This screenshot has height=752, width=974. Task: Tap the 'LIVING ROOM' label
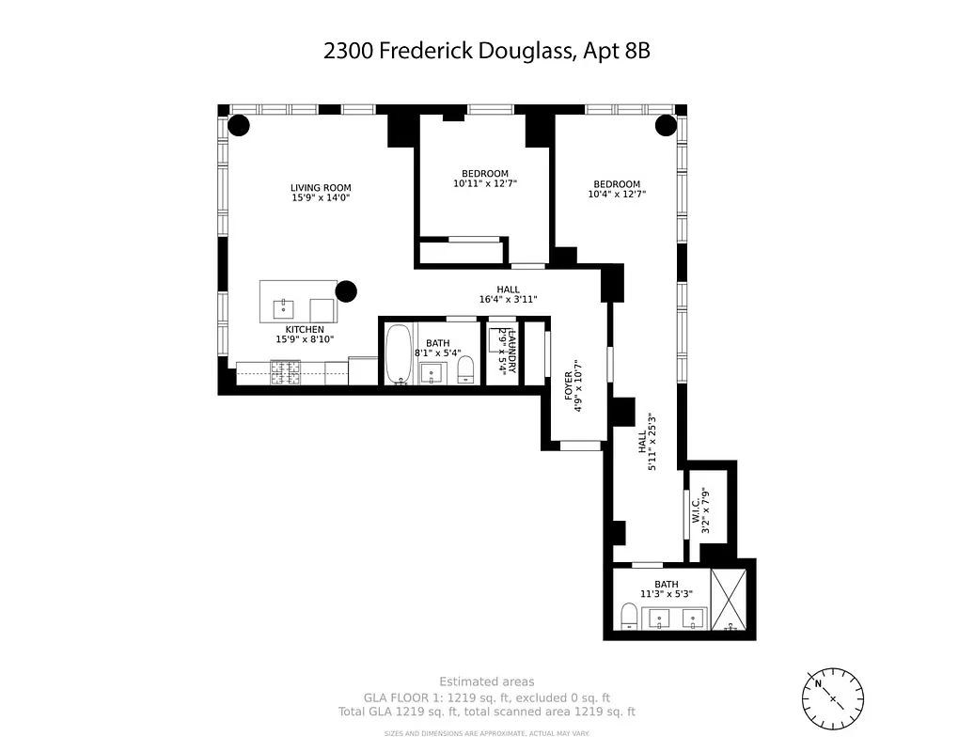[x=321, y=188]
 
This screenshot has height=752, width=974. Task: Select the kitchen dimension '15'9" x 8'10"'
[x=305, y=340]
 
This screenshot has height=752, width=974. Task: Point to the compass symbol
[x=832, y=698]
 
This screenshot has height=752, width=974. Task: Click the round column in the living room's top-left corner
[x=239, y=125]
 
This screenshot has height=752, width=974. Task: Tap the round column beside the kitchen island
[x=346, y=292]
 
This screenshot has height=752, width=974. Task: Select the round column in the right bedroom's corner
[x=666, y=125]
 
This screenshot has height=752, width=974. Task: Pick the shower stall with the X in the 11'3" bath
[x=730, y=600]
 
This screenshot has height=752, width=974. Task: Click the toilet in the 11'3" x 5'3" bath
[x=629, y=617]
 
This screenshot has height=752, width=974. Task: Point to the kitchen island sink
[x=282, y=306]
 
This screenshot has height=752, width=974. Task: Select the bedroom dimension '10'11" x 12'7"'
[x=485, y=184]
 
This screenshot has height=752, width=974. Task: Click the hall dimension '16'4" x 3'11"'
[x=508, y=300]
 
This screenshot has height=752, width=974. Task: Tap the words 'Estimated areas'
[x=486, y=681]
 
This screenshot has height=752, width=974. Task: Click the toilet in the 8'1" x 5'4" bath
[x=464, y=373]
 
